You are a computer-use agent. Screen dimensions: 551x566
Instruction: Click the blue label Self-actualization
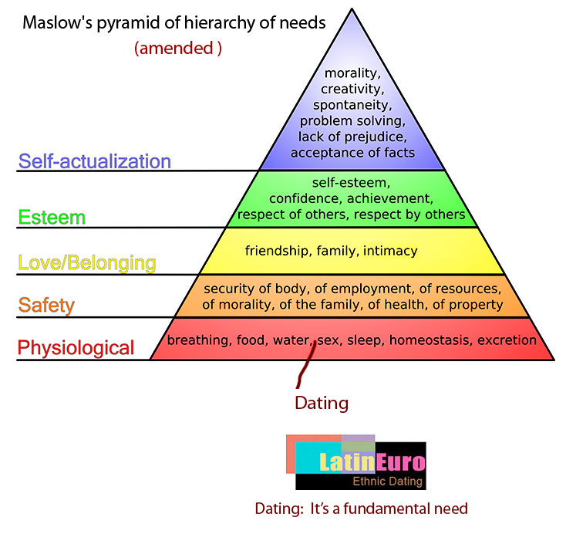pos(94,161)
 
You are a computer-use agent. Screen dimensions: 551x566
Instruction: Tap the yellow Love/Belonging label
pos(86,263)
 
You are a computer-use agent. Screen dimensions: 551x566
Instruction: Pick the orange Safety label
pos(46,305)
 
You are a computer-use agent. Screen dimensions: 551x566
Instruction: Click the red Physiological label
pos(76,347)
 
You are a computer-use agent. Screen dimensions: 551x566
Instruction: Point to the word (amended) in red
pos(178,48)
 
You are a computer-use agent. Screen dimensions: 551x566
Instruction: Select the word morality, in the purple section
pos(352,74)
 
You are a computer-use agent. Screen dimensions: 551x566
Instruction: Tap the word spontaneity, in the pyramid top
pos(352,105)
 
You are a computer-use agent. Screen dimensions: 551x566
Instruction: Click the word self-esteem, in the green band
pos(352,184)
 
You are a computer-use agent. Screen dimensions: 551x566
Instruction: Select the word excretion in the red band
pos(507,340)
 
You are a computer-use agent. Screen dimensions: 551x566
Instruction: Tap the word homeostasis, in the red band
pos(432,340)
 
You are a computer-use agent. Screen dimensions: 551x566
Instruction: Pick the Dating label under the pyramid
pos(322,403)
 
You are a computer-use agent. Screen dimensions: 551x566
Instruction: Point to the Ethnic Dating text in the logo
pos(387,482)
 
